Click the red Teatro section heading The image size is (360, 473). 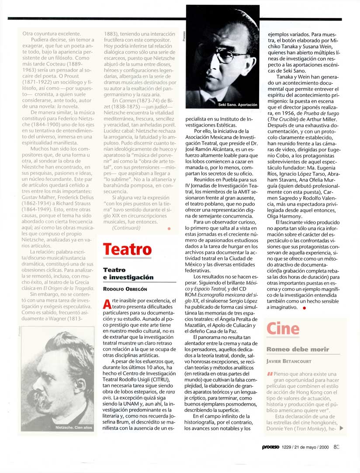tap(127, 250)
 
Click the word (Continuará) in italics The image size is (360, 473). tap(127, 228)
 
